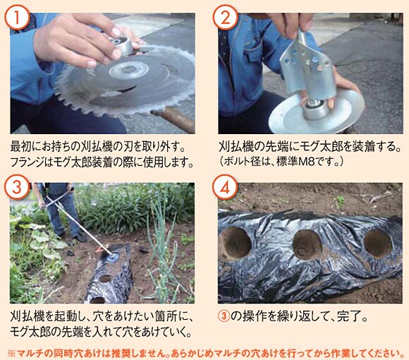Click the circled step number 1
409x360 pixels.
click(x=17, y=17)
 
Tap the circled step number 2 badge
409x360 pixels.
click(x=226, y=17)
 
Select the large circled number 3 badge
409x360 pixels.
click(x=17, y=187)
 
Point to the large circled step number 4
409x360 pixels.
click(x=225, y=187)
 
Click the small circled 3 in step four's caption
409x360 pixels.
click(x=224, y=316)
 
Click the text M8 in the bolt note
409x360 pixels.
click(x=305, y=162)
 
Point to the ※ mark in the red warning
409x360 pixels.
click(x=11, y=353)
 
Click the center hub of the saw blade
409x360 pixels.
click(x=128, y=70)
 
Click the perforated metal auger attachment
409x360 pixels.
click(x=307, y=68)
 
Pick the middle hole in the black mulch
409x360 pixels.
click(x=307, y=245)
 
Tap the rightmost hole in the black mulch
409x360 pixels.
click(x=378, y=243)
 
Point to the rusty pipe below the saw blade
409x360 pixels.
click(x=173, y=119)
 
